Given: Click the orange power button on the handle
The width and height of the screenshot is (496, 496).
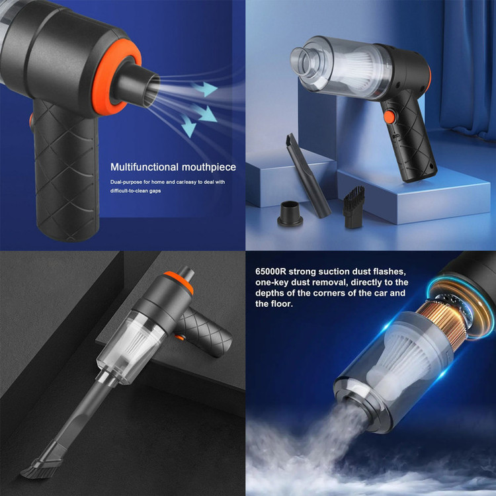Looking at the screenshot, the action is [389, 117].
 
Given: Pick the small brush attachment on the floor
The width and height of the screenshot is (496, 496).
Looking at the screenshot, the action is [354, 207].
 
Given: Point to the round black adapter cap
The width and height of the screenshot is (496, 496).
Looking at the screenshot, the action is [290, 214].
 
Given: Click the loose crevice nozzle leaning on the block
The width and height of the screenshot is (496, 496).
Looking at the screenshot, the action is [308, 175].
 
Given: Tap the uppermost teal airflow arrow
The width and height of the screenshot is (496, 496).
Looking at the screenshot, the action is [204, 88].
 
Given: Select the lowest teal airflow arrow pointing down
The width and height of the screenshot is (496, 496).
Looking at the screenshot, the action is [188, 126].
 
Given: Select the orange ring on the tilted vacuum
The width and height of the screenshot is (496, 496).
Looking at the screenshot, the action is [179, 282].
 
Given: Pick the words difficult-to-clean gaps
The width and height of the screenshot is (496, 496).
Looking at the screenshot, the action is [136, 190].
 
